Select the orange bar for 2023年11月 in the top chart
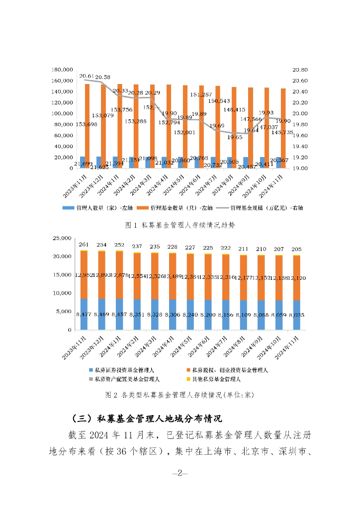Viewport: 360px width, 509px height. coord(88,124)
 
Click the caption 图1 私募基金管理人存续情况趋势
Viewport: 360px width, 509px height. coord(180,225)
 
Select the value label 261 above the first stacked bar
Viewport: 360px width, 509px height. coord(84,245)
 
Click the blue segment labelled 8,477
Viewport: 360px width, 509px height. coord(84,314)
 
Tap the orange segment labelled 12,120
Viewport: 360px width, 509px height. coord(296,278)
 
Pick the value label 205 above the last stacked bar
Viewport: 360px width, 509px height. coord(296,249)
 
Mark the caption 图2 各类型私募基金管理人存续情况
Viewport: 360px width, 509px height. coord(180,396)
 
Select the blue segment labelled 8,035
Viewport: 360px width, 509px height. coord(296,315)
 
